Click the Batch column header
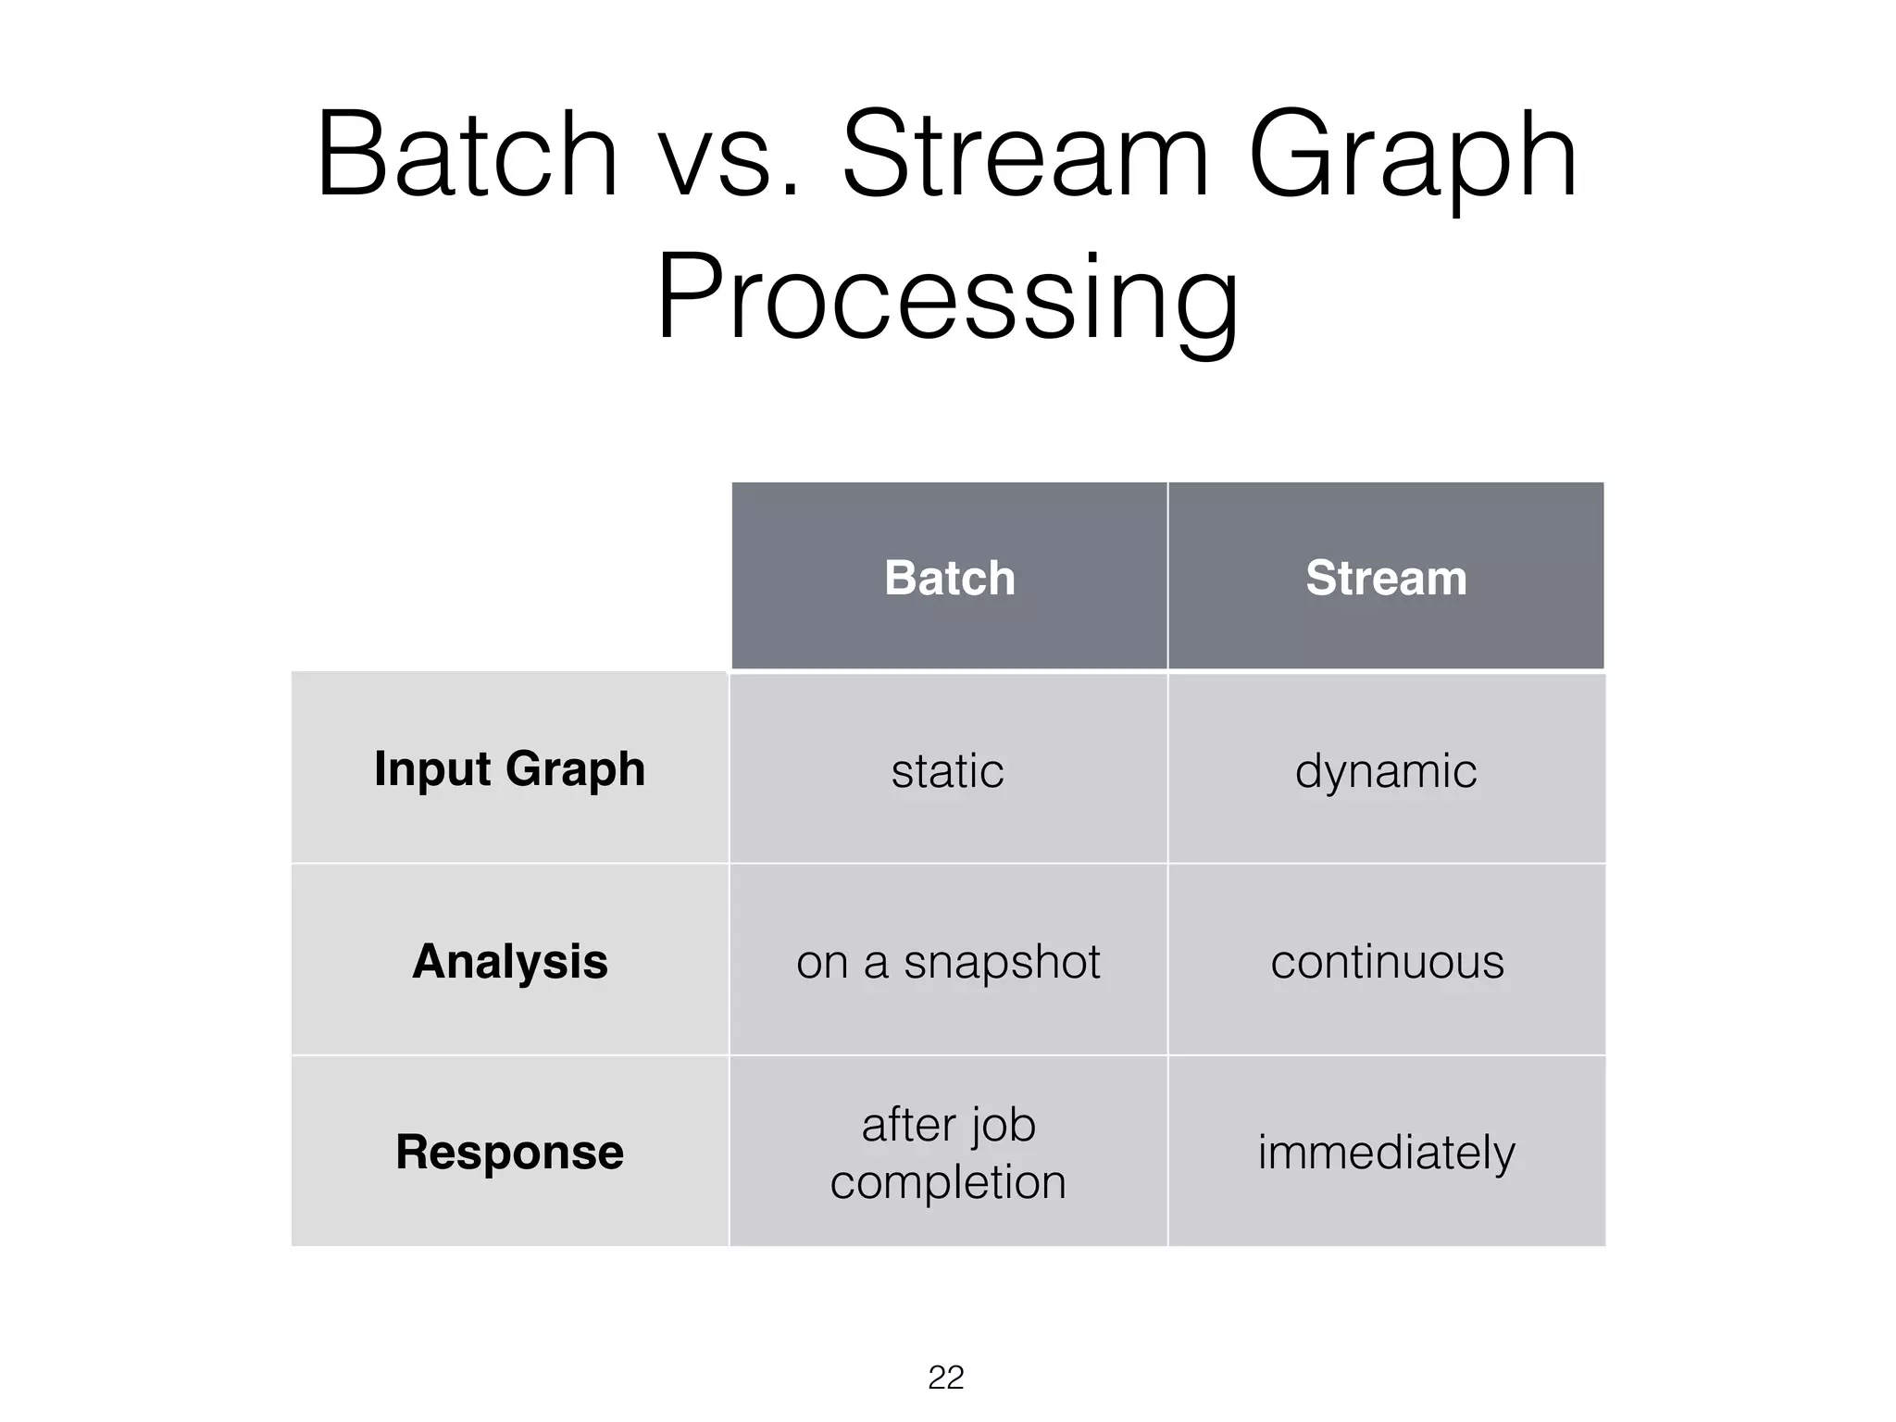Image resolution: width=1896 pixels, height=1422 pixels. click(x=949, y=578)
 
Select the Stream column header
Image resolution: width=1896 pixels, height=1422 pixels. click(x=1386, y=578)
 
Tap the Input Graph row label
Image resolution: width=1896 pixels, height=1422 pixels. click(x=509, y=769)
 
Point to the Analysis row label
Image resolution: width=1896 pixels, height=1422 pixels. click(x=509, y=961)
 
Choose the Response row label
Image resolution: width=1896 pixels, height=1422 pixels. click(x=509, y=1153)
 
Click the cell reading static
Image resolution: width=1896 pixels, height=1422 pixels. click(x=947, y=771)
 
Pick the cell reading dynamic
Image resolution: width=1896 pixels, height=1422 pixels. click(x=1386, y=771)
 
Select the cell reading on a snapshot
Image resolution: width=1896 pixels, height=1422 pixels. click(x=948, y=962)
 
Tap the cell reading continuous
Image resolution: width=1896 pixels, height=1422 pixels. click(x=1387, y=962)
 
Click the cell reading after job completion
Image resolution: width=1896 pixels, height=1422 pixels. click(x=948, y=1154)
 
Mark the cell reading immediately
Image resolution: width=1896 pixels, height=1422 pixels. click(x=1386, y=1154)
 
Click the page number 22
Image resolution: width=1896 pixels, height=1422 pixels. click(x=946, y=1378)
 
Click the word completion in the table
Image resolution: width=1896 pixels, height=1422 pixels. click(x=948, y=1182)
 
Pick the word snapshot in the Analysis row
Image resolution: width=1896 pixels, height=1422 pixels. click(x=1002, y=962)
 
